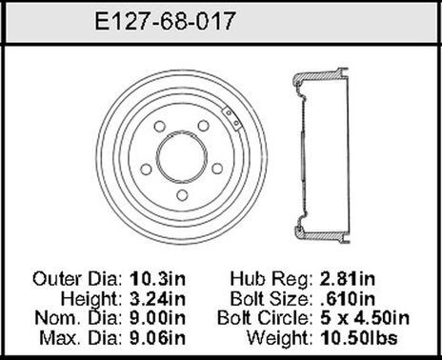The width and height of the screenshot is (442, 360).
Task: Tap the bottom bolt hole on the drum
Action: click(181, 193)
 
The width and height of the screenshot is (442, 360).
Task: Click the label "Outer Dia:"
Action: click(76, 279)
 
